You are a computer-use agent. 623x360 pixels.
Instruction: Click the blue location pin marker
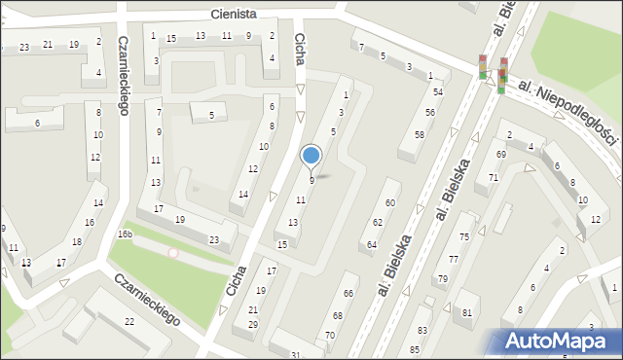(311, 156)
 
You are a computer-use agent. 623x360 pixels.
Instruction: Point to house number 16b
(125, 234)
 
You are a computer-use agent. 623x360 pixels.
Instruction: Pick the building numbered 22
(128, 321)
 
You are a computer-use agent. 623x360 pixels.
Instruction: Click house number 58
(419, 134)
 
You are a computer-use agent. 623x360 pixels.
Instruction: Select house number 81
(467, 312)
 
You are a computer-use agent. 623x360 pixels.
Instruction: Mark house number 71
(494, 177)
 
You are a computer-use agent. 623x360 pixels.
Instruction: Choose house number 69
(500, 155)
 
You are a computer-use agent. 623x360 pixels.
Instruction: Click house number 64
(372, 245)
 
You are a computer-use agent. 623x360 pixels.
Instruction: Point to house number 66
(348, 293)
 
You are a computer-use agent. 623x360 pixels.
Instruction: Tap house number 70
(330, 335)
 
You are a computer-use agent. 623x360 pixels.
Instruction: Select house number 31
(295, 355)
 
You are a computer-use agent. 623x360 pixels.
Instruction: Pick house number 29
(252, 324)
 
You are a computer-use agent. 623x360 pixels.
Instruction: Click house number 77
(453, 259)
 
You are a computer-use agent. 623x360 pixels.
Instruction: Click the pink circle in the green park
(173, 253)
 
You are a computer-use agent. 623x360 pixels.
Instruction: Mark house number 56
(429, 113)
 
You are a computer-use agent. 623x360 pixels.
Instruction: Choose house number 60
(389, 202)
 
